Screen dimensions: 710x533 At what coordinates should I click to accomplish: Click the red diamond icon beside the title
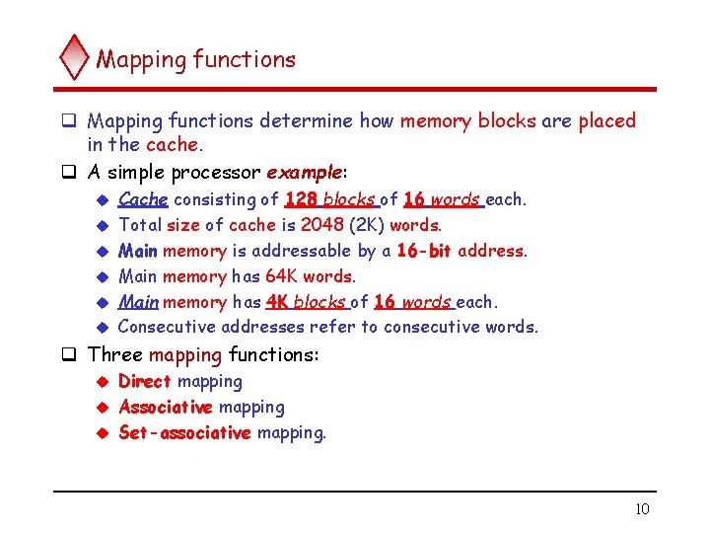tap(74, 57)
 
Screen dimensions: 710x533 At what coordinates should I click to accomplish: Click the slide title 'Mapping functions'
tap(195, 59)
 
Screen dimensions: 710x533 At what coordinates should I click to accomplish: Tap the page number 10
tap(642, 508)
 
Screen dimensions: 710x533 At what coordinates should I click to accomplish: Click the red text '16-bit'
tap(424, 251)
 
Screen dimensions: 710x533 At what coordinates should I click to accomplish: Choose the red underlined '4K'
tap(276, 302)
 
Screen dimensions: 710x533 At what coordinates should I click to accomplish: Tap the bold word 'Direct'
tap(145, 381)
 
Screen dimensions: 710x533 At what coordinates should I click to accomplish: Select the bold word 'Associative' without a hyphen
tap(166, 407)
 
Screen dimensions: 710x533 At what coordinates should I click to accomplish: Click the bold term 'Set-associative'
tap(184, 432)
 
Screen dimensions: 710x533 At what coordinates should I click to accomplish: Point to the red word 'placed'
tap(606, 121)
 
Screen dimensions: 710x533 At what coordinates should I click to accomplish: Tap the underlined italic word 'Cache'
tap(143, 199)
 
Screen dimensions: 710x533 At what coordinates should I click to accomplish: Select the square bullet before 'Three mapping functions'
tap(71, 354)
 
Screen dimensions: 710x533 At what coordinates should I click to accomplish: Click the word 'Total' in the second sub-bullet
tap(140, 225)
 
